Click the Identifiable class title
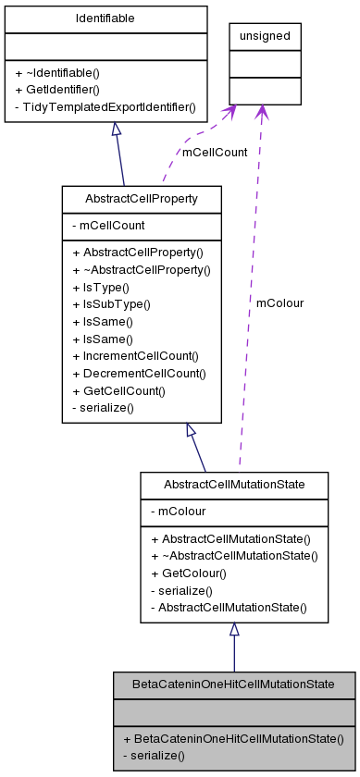106,18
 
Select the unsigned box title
265,36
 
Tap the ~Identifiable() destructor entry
57,72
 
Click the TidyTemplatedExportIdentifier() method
106,107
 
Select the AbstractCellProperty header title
141,199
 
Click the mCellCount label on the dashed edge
215,152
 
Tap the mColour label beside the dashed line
279,302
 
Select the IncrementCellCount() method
141,355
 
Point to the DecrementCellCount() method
143,373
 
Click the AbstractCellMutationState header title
233,485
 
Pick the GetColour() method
190,573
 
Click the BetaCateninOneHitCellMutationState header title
233,684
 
